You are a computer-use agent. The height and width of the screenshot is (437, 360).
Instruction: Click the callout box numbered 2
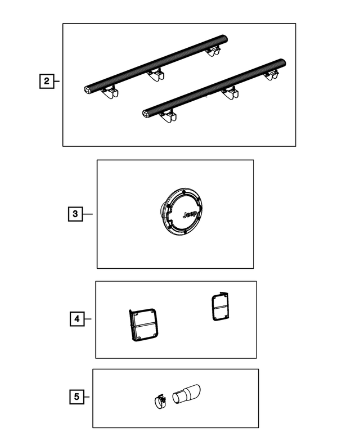(47, 81)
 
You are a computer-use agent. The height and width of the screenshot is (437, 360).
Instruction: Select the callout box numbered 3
(75, 214)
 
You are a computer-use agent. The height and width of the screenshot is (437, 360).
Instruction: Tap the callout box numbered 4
(77, 319)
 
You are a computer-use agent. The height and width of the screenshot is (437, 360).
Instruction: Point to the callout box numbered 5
(76, 397)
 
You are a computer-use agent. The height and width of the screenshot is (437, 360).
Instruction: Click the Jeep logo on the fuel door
(190, 215)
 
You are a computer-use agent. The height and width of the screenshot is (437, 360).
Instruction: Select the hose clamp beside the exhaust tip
(160, 402)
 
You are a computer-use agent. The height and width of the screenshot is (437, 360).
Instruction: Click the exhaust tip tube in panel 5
(186, 394)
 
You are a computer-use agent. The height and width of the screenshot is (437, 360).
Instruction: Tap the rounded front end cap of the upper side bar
(87, 89)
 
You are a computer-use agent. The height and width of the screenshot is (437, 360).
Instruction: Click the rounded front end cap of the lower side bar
(146, 114)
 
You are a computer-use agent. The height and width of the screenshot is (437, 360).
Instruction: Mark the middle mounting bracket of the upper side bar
(155, 75)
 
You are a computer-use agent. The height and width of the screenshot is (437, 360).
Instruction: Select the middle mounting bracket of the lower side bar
(230, 93)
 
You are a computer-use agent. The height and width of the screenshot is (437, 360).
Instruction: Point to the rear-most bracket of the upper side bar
(213, 51)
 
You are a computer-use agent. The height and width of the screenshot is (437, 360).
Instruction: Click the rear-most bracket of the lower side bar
(271, 75)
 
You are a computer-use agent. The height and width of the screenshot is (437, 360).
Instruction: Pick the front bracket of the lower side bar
(168, 116)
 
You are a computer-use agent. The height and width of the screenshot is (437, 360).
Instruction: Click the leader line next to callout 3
(88, 214)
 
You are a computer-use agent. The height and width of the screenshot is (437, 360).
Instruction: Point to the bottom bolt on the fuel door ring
(184, 231)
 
